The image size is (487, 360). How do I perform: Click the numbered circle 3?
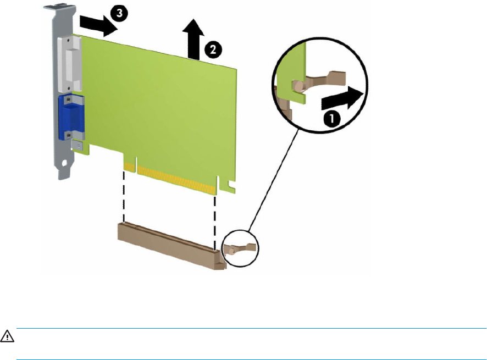119,14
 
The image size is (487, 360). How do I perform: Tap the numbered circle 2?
213,49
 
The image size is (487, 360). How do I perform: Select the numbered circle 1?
331,118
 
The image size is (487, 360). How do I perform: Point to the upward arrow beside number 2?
193,39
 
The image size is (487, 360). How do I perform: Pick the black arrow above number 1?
342,98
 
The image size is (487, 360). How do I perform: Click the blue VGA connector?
71,117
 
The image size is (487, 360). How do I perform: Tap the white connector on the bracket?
70,64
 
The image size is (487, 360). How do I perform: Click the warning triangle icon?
7,336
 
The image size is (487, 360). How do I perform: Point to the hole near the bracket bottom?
65,163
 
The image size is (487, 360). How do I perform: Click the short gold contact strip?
130,167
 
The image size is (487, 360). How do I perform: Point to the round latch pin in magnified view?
298,86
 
